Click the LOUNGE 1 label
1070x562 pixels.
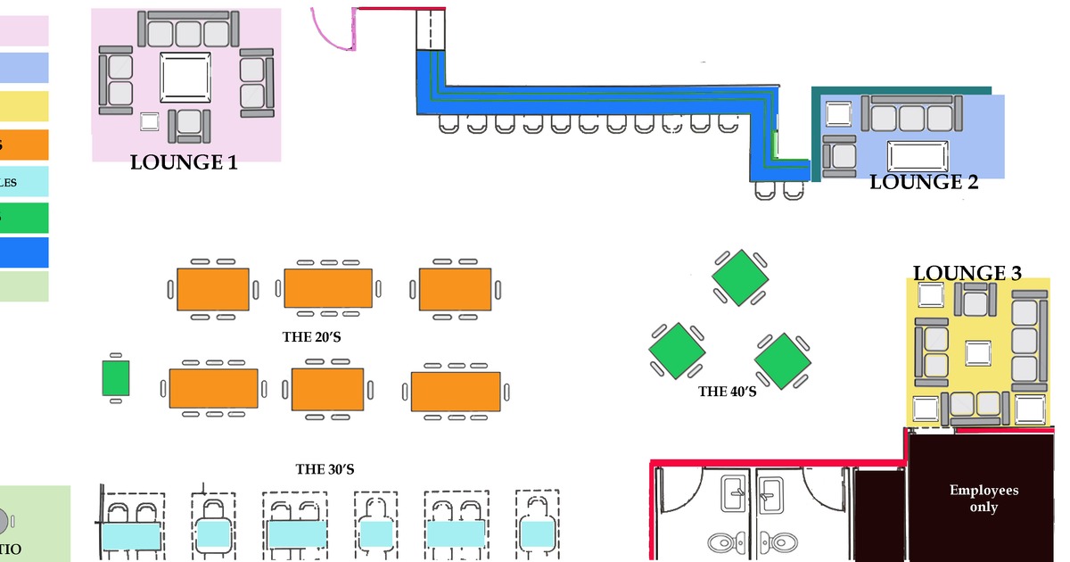[184, 162]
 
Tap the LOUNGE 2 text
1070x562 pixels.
[924, 183]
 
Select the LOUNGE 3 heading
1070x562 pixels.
[967, 273]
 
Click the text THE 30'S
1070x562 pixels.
[325, 469]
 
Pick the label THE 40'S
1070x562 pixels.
[728, 391]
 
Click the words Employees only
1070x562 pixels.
[984, 499]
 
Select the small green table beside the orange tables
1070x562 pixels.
[116, 378]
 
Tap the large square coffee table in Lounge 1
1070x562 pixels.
[185, 78]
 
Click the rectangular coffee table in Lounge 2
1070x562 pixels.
[917, 155]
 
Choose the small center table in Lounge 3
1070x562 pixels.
[978, 353]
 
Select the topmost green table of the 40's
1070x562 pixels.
[739, 277]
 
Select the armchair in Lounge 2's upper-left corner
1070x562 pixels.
[839, 114]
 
